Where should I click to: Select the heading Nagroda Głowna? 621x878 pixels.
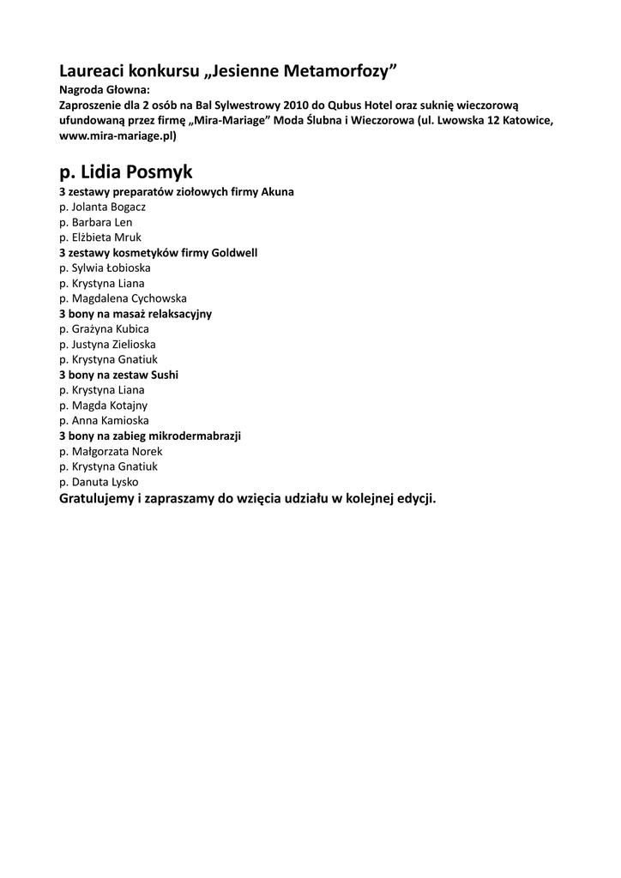click(x=105, y=89)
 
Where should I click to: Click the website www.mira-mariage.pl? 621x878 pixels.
click(x=118, y=135)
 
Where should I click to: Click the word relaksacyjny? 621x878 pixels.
click(x=178, y=314)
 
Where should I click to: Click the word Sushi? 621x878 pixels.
click(x=164, y=376)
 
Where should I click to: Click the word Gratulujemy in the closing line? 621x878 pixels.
click(x=96, y=499)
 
